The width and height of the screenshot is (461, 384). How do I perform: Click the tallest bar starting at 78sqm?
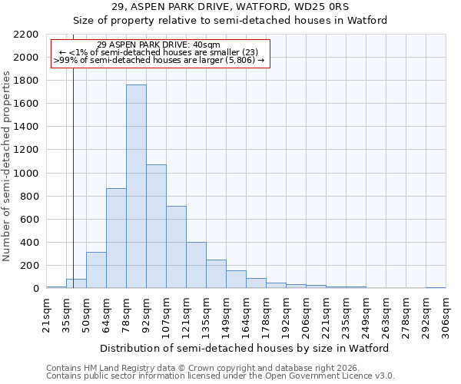(x=136, y=187)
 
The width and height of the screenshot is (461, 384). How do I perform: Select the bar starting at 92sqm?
(x=156, y=227)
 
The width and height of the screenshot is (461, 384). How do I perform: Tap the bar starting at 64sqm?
(x=116, y=238)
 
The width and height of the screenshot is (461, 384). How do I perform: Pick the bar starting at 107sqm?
(x=176, y=247)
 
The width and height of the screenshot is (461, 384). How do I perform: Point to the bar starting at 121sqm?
(x=196, y=265)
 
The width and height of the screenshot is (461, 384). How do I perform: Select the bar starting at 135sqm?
(x=216, y=274)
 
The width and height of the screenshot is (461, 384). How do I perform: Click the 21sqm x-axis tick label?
(x=46, y=315)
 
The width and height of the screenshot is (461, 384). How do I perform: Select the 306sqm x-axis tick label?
(x=446, y=315)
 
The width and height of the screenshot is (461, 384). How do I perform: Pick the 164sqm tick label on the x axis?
(x=246, y=315)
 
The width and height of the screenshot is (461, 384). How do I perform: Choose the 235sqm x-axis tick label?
(x=346, y=315)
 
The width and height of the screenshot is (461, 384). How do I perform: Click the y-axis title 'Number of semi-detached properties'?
(x=7, y=165)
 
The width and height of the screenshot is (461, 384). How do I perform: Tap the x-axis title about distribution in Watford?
(x=245, y=348)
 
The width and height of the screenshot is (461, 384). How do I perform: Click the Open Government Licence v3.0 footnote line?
(x=221, y=376)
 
